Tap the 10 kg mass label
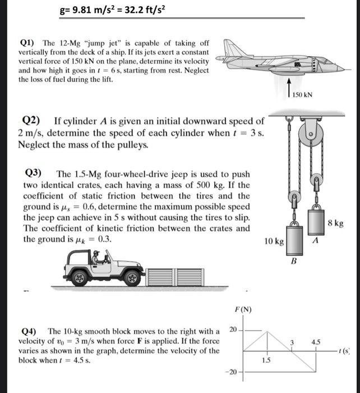pos(274,241)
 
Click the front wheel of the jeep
pos(133,277)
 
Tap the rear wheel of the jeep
pos(80,277)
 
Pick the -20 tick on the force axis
pos(233,372)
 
